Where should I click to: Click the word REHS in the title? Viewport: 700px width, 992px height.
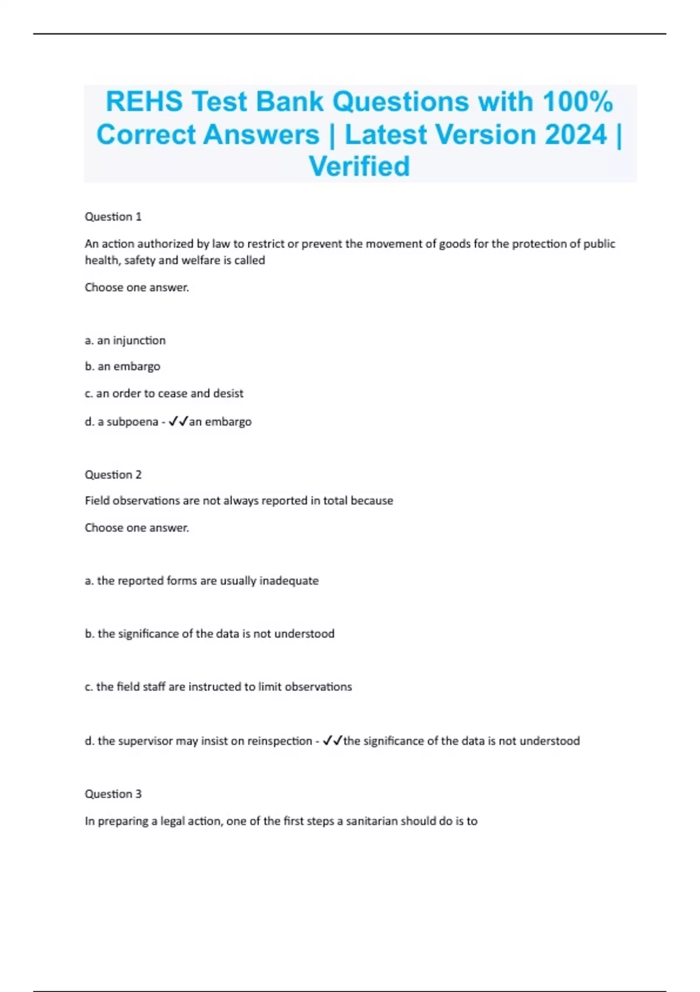[144, 102]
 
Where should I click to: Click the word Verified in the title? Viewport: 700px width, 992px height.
[359, 167]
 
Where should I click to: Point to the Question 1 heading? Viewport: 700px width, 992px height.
[113, 217]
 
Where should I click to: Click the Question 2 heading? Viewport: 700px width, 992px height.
[113, 475]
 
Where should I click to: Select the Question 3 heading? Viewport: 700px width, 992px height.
[113, 794]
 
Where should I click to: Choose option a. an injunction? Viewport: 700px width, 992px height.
[125, 341]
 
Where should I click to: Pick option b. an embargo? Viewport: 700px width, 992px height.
[123, 367]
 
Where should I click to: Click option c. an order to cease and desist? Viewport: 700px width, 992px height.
[164, 394]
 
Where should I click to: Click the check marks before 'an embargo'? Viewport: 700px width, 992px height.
[178, 422]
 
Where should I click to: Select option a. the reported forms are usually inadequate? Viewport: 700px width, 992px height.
[202, 581]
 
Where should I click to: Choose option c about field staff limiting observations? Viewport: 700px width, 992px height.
[218, 687]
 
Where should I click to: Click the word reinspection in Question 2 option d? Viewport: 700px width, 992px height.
[279, 741]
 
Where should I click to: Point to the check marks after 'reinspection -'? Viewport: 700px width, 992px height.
[332, 741]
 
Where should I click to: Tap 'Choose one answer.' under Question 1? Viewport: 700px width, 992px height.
[137, 288]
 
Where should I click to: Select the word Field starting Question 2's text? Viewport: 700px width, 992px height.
[97, 501]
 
